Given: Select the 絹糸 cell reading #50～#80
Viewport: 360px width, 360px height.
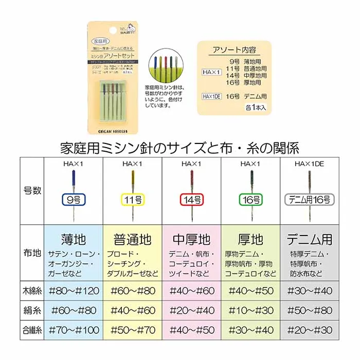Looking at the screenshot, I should [308, 311].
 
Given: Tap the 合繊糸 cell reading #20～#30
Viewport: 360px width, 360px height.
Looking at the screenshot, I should [308, 330].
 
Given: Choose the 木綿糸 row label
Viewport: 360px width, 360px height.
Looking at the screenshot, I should [32, 291].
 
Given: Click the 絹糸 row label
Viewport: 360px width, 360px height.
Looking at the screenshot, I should [32, 311].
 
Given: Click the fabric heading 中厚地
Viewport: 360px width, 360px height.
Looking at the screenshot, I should [191, 239].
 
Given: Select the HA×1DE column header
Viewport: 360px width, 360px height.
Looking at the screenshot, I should [308, 164].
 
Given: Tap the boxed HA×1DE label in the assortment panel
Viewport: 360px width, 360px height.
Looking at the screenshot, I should [211, 96].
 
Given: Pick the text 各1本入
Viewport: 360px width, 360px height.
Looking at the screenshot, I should [256, 108].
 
